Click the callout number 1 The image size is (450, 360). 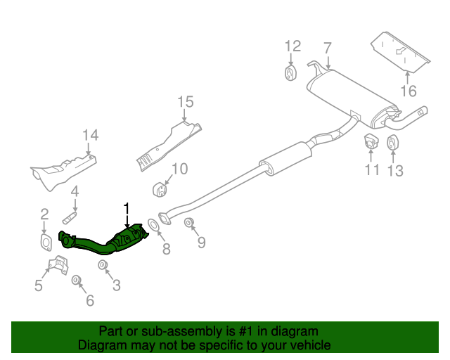coord(127,208)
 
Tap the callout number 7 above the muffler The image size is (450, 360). coord(328,48)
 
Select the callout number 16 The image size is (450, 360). coord(409,91)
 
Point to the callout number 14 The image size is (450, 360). coord(90,135)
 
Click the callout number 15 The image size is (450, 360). coord(185,102)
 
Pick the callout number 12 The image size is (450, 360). coord(292,46)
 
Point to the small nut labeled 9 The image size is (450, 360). coord(188,224)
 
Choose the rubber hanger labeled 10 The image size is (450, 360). coord(162,188)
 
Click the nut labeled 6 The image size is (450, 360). coord(77,282)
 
